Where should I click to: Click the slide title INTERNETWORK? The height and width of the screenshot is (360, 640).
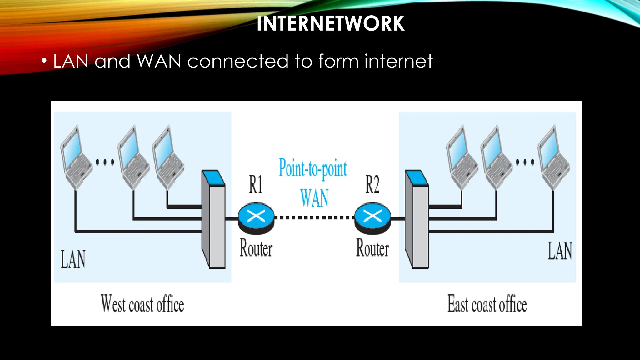330,24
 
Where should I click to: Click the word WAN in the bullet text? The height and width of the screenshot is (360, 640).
159,61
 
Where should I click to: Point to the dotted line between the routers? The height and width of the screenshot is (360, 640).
314,218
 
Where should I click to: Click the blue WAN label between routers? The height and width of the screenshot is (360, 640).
314,198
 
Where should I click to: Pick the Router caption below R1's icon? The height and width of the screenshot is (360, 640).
256,248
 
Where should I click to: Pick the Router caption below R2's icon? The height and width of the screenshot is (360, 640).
372,248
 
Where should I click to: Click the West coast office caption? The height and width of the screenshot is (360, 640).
142,304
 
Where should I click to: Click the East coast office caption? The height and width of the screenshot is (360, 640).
487,304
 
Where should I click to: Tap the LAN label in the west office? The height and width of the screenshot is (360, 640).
73,259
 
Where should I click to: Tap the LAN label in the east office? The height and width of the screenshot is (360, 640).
560,251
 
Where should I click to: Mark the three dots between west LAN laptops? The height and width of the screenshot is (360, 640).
105,162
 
